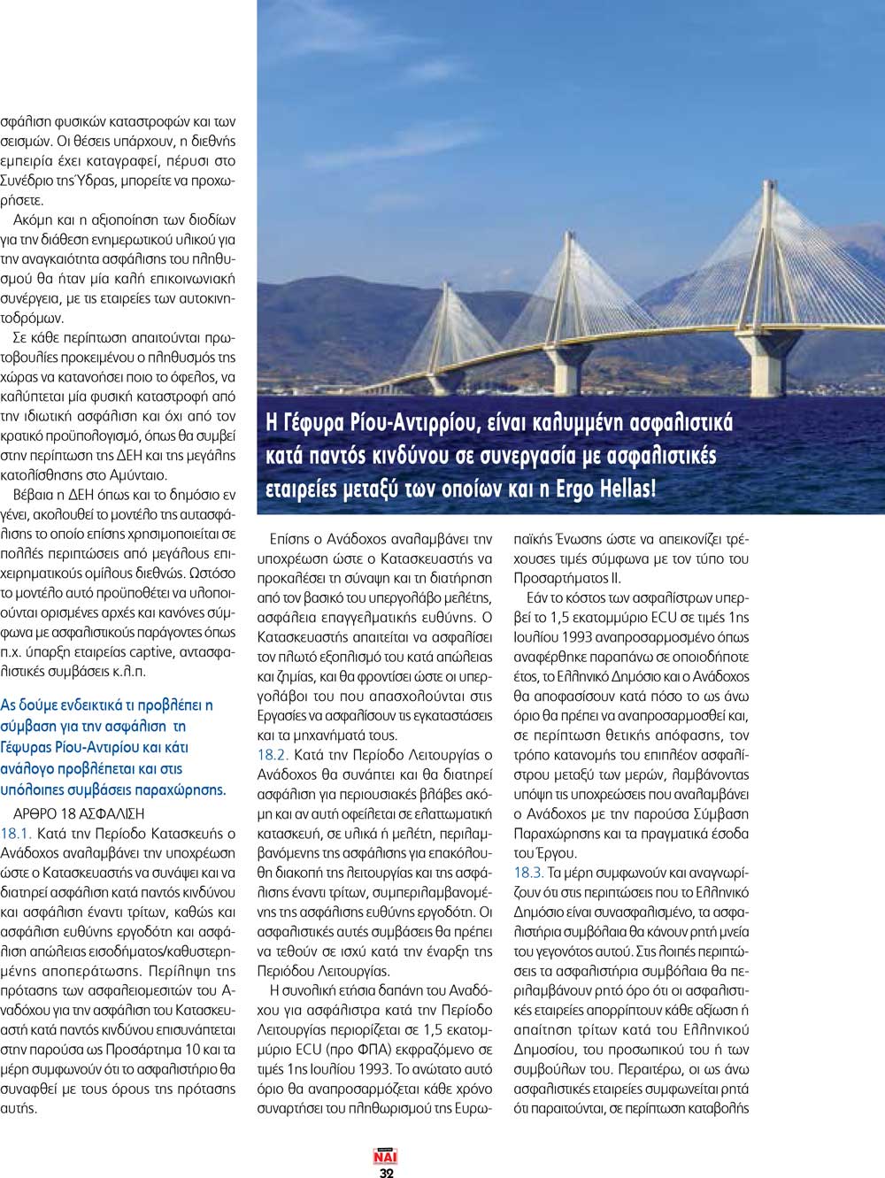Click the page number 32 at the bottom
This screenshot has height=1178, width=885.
click(386, 1172)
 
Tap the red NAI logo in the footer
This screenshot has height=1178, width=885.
click(386, 1156)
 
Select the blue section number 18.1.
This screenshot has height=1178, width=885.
click(16, 834)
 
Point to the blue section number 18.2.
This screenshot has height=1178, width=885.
click(273, 755)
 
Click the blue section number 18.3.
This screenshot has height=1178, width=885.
click(528, 873)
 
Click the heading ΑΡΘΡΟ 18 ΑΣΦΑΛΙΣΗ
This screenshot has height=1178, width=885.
click(79, 813)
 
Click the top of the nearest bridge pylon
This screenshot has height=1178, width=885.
click(767, 183)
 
